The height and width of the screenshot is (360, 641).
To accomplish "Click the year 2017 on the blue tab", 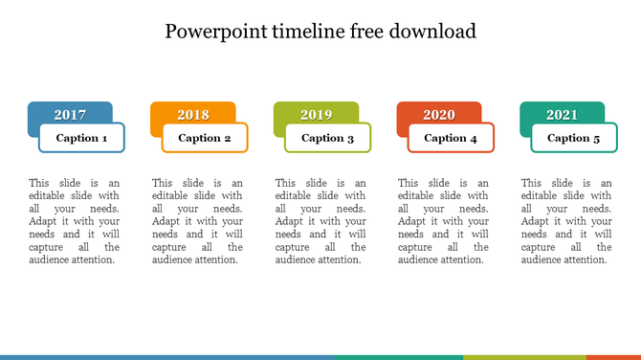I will [x=70, y=115].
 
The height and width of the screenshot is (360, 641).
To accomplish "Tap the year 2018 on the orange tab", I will [x=193, y=115].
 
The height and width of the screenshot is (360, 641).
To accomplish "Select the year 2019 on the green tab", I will [x=317, y=115].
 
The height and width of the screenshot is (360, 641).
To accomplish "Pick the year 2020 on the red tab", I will [x=439, y=115].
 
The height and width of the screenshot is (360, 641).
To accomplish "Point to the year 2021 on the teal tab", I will [x=563, y=115].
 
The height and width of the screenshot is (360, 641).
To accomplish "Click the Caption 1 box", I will [x=81, y=138].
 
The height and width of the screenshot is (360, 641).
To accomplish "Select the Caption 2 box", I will [x=205, y=138].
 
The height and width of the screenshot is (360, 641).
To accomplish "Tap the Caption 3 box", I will [x=328, y=138].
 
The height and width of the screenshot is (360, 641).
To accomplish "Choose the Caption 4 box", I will [x=451, y=138].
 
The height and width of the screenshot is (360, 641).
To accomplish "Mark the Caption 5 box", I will [x=574, y=138].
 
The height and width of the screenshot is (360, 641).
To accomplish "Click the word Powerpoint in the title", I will [x=212, y=32].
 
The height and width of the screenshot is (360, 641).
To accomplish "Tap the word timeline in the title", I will [x=303, y=32].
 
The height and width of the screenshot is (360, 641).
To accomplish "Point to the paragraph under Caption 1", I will [x=74, y=221].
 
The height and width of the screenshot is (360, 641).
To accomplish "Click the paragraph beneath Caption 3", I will [x=320, y=221].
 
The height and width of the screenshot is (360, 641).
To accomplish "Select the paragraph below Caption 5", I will [x=566, y=221].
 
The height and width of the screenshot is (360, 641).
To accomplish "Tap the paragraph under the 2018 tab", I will [x=197, y=221].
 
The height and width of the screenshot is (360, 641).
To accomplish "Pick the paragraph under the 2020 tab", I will [x=443, y=221].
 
